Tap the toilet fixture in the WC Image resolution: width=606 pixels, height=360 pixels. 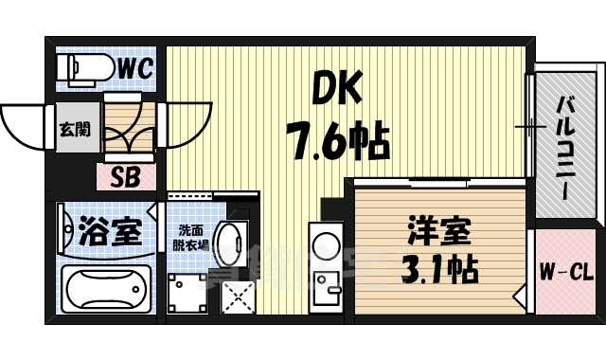pos(80,67)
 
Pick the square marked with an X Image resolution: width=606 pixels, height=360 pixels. pos(238,297)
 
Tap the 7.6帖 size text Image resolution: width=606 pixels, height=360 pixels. pos(339,144)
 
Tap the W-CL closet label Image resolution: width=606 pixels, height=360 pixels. pos(566,275)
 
